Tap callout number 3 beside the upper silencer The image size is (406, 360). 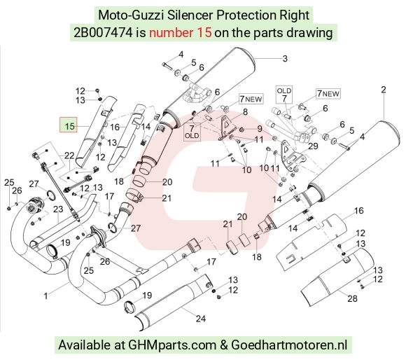[285, 59]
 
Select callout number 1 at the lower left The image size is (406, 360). [45, 296]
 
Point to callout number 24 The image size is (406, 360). [201, 318]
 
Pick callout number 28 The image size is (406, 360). [352, 298]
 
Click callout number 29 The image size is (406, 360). [313, 146]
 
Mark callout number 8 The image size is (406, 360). [245, 112]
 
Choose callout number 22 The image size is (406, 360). [69, 155]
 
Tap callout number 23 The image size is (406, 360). [58, 209]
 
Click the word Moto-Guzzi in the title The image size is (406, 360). [131, 15]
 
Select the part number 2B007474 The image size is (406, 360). [103, 33]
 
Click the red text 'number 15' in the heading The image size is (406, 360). [181, 33]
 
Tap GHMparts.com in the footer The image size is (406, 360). [172, 345]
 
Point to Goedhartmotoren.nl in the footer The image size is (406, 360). [289, 345]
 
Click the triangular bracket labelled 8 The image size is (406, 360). [227, 127]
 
